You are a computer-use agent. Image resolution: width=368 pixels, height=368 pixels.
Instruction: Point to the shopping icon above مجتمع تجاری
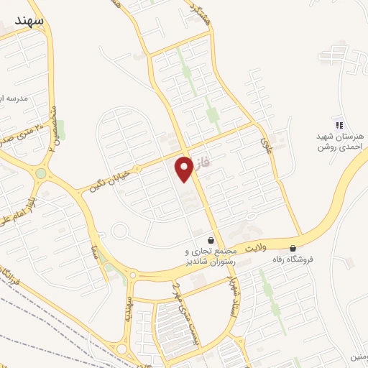tap(211, 240)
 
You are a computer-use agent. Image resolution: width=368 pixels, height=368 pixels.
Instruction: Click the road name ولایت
tap(257, 247)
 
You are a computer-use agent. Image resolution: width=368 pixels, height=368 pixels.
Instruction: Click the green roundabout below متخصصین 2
tap(41, 173)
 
